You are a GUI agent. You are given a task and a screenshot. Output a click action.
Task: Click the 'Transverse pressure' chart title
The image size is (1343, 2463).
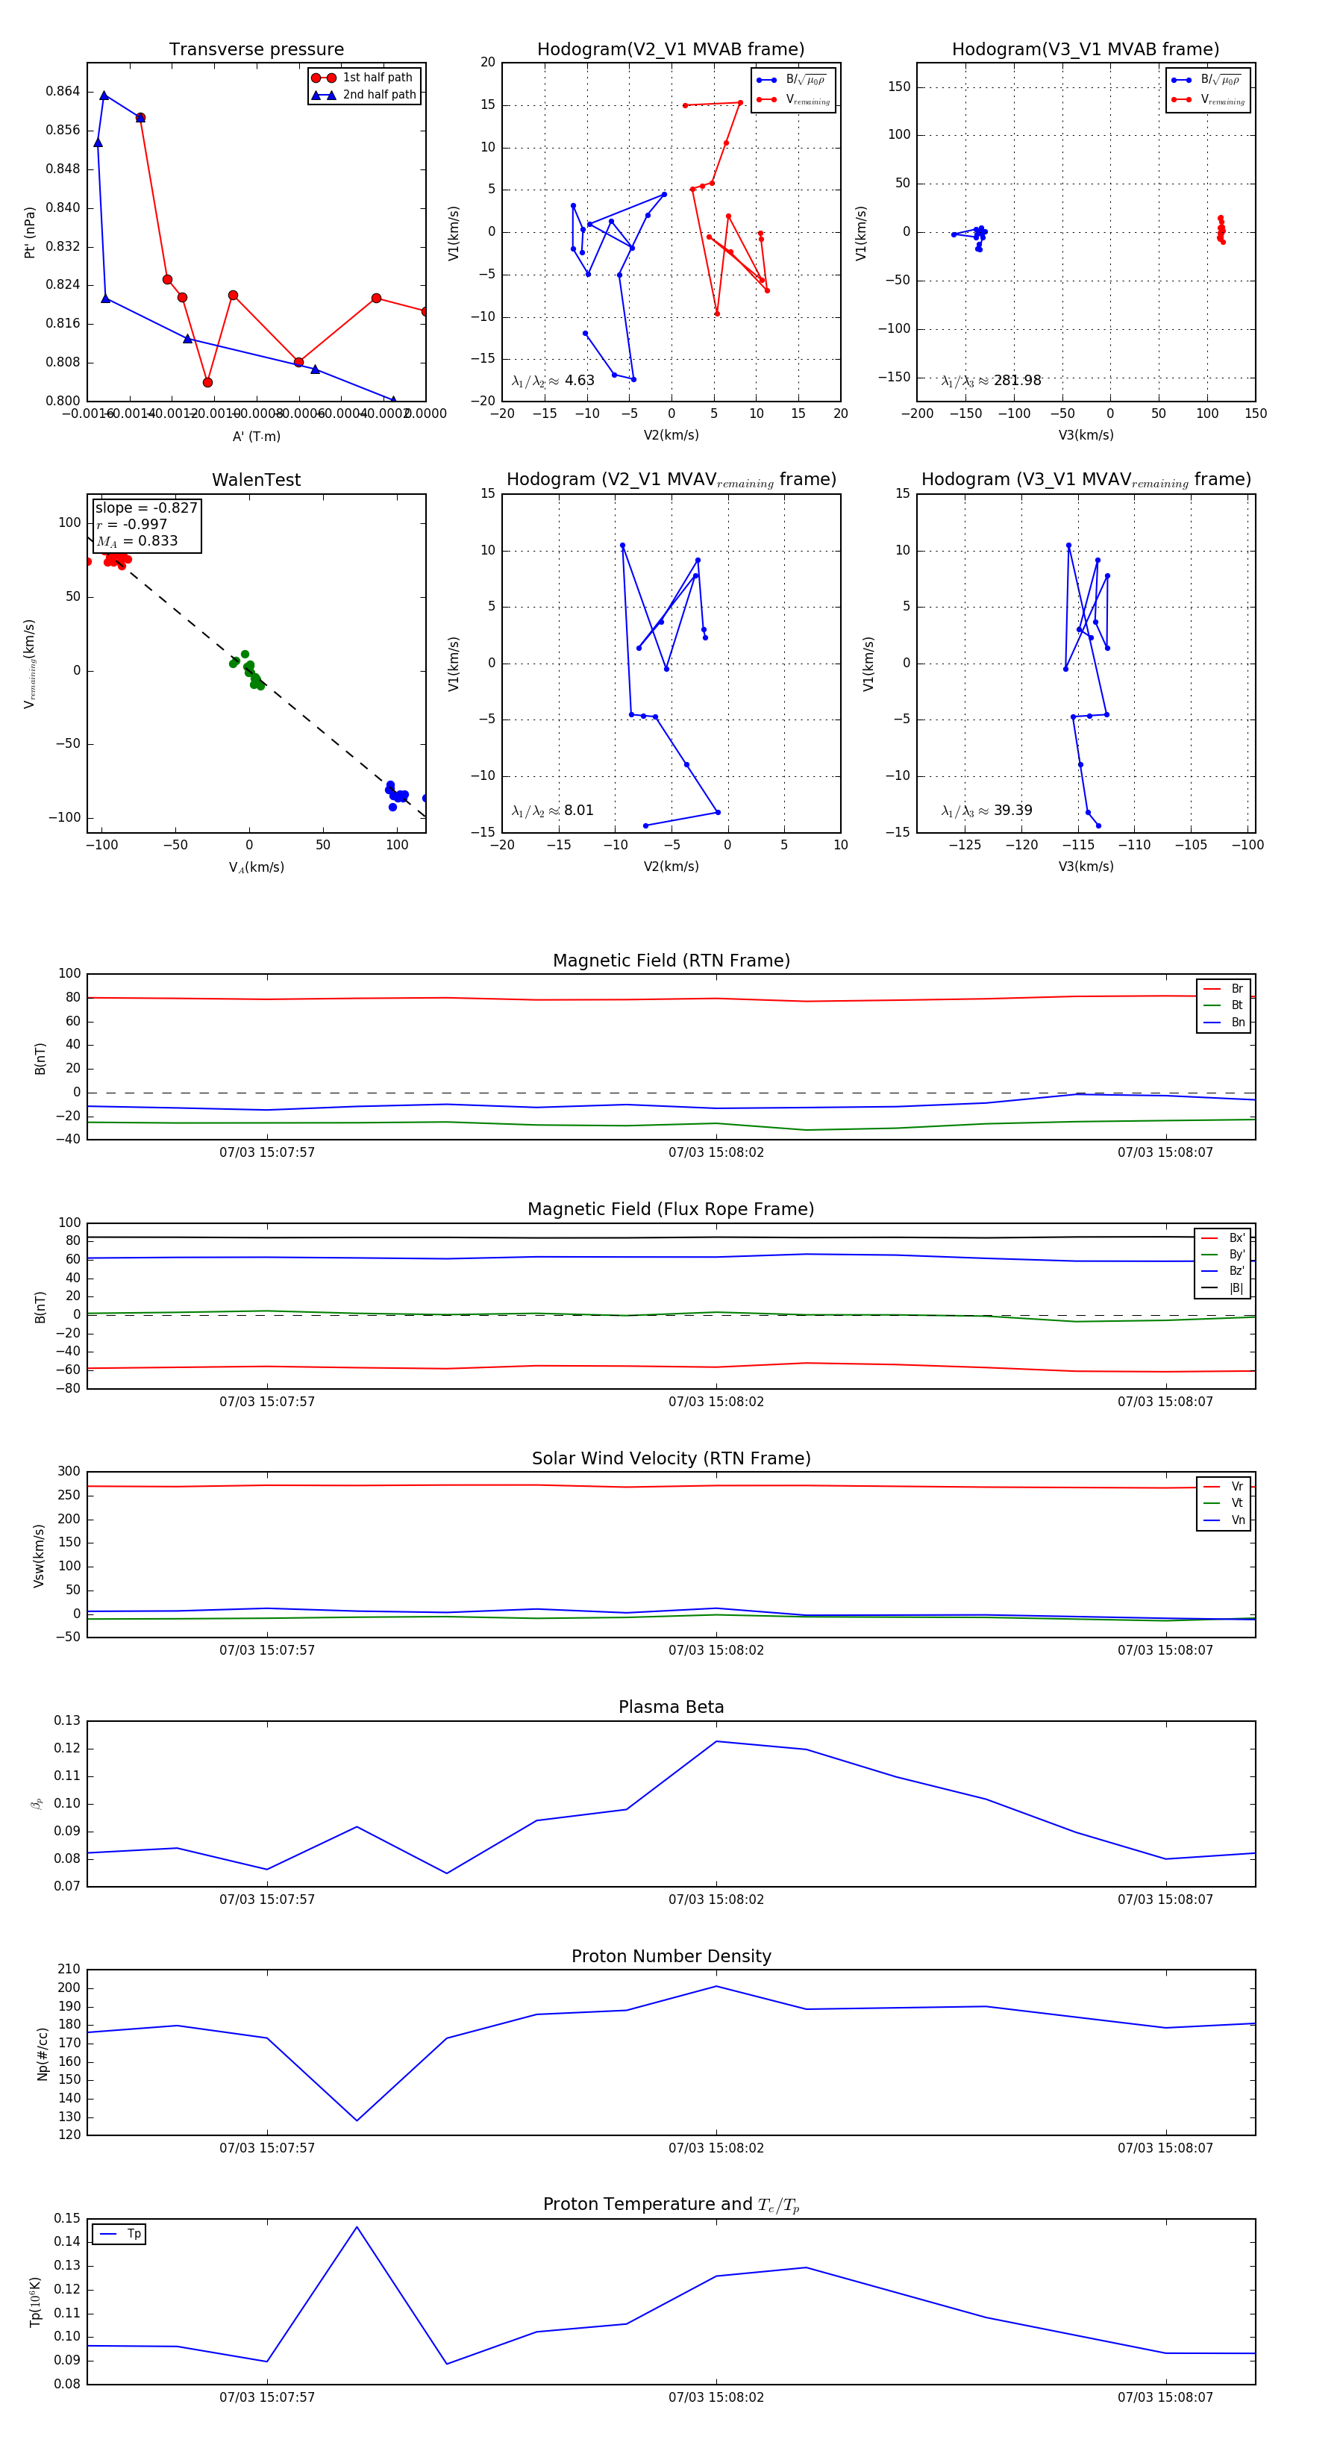coord(256,50)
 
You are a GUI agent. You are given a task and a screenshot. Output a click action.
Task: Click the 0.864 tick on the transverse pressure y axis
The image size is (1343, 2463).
coord(63,92)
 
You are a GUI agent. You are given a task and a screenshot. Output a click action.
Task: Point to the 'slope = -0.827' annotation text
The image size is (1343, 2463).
coord(146,508)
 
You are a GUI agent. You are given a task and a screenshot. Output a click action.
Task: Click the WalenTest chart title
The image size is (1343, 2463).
coord(256,480)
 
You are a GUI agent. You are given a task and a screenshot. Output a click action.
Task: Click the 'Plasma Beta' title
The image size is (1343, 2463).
coord(671,1707)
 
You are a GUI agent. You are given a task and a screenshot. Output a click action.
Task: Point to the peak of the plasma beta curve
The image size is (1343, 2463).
coord(717,1741)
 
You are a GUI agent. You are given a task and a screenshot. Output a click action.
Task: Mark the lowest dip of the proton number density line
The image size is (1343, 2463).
coord(357,2120)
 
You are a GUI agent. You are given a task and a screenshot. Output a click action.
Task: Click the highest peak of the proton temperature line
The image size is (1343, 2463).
coord(357,2227)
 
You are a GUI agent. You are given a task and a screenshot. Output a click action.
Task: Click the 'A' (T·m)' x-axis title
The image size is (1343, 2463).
coord(256,436)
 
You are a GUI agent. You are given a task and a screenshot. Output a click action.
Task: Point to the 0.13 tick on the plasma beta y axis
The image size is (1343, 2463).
coord(68,1721)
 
